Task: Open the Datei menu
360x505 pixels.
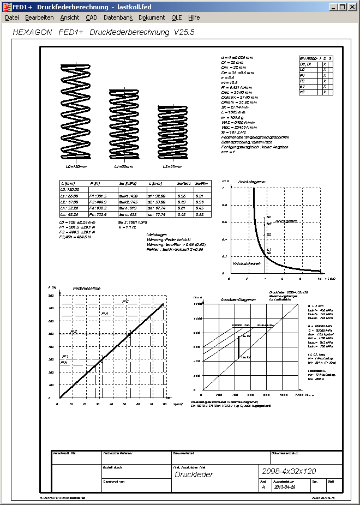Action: click(x=11, y=17)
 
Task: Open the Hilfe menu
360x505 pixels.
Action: click(x=194, y=17)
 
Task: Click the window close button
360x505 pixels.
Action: click(x=351, y=7)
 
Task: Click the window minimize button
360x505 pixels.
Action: click(x=333, y=7)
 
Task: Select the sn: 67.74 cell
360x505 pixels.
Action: click(x=157, y=208)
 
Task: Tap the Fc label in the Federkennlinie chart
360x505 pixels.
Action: click(x=125, y=302)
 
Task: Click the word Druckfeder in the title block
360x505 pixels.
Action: click(x=194, y=474)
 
